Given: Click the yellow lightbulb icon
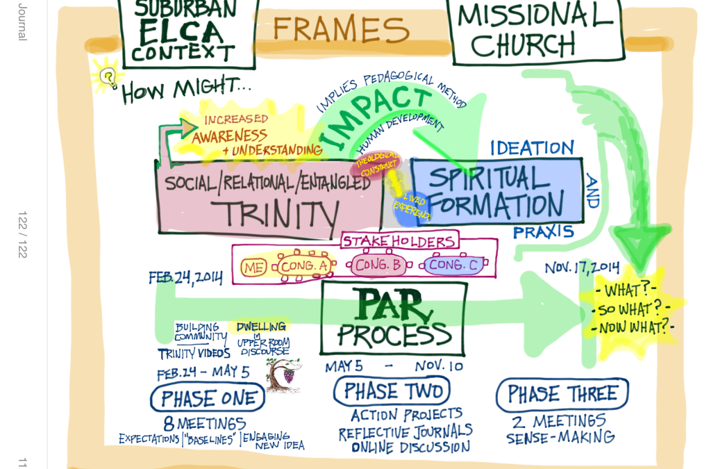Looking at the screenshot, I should point(108,77).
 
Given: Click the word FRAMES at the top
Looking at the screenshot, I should point(340,30).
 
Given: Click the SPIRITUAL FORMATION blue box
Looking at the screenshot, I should point(496,191).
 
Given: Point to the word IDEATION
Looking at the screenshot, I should point(532,148).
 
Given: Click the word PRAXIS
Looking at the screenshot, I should point(543,232).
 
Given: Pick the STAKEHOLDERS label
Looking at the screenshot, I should point(399,241).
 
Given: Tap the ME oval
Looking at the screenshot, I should point(253,267).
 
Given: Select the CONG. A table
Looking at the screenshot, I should point(303,266).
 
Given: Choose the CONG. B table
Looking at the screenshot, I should point(378,265).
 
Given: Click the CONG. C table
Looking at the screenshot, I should point(453,265).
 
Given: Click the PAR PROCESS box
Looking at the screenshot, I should point(393,318).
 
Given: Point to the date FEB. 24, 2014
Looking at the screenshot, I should point(185,277).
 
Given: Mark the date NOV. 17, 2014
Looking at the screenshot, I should point(582,268).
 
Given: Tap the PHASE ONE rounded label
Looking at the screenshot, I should point(207,398).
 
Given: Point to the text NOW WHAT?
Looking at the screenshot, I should point(633,327).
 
